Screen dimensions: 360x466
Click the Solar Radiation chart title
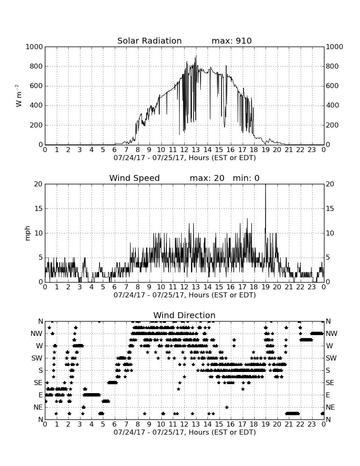pos(150,41)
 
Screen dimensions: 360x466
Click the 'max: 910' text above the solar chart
pos(232,41)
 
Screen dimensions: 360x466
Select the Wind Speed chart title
pos(135,178)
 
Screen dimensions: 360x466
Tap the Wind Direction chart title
pos(184,315)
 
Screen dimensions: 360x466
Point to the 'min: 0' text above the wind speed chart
pos(246,178)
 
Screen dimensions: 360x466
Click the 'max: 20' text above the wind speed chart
pos(207,178)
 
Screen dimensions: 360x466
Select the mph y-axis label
pos(28,233)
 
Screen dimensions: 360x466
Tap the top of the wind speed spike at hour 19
pos(266,184)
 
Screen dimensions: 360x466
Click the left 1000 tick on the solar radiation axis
pos(34,47)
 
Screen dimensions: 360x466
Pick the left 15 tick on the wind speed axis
pos(39,208)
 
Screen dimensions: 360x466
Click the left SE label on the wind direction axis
pos(38,383)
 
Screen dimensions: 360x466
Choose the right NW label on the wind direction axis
pos(332,334)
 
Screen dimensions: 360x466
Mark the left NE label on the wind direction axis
pos(38,408)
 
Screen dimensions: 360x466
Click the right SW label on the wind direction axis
pos(331,358)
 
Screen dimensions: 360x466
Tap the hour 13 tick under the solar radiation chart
pos(196,150)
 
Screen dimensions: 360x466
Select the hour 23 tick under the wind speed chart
pos(312,287)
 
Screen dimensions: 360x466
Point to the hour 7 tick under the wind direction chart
pos(126,424)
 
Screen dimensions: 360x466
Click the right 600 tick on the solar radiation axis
pos(332,86)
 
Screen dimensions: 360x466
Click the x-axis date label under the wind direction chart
pos(185,432)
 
